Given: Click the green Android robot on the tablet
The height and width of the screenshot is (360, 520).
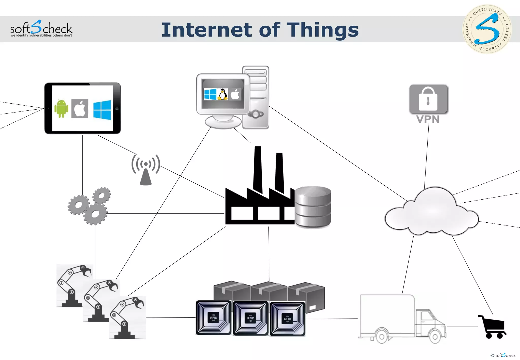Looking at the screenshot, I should coord(61,108).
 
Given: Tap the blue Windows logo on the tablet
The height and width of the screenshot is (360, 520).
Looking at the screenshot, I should coord(102,110).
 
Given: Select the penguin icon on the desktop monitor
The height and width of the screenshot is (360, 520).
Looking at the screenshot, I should coord(223,94).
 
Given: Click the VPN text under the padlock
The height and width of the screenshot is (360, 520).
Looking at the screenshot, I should coord(428,119).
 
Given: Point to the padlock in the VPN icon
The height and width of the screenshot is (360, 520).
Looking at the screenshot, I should coord(428,99).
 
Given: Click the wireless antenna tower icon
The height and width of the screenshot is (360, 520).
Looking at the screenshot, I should coord(146,170).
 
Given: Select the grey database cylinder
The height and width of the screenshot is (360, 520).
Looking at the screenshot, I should coord(313,207).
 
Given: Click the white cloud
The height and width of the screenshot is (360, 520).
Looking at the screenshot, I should coord(432,212).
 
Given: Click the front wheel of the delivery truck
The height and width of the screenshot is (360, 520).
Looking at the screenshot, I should coord(435,337).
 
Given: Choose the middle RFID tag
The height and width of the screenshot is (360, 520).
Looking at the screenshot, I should coord(251,318).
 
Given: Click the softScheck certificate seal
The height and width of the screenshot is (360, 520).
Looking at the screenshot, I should coord(487,29).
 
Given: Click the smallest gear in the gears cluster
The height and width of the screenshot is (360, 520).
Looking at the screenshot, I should coord(102,196).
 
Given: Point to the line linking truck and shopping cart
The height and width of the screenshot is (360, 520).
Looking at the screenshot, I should coord(462,327).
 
